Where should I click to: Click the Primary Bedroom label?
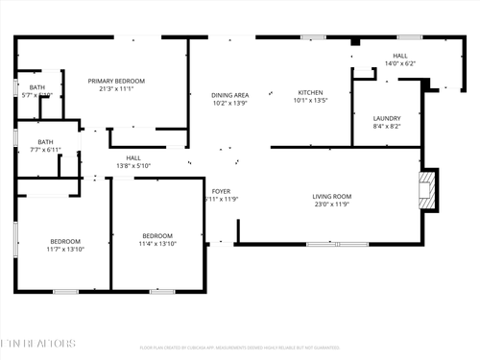pos(116,81)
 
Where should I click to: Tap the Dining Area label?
pos(230,95)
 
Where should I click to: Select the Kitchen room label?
pos(310,92)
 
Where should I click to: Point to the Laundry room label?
pos(387,118)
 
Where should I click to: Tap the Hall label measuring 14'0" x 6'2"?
pos(400,56)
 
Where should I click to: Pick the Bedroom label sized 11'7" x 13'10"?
pos(65,241)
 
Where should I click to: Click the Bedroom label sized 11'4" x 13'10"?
pos(157,235)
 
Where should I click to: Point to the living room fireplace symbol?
pos(427,190)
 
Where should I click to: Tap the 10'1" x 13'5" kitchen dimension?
pos(310,100)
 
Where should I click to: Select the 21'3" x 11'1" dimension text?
pos(116,89)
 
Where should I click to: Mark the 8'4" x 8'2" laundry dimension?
pos(387,126)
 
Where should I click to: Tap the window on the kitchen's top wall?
pos(313,37)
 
